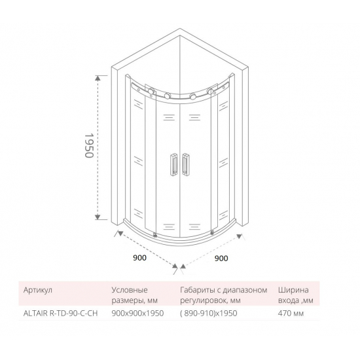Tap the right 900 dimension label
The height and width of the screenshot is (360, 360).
click(221, 258)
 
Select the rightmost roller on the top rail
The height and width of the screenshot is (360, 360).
click(210, 91)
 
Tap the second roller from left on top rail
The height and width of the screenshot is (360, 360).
click(169, 97)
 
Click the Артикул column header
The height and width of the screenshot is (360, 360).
click(37, 289)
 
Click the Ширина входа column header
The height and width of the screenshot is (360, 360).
click(300, 294)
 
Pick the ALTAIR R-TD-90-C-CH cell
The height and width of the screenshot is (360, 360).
click(60, 314)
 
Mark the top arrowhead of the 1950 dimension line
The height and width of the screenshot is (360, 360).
click(98, 77)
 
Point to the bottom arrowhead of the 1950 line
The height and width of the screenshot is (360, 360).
click(98, 220)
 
